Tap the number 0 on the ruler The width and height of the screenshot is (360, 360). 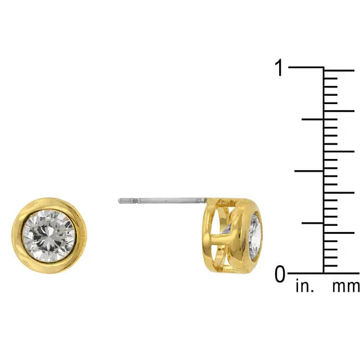pyautogui.click(x=280, y=274)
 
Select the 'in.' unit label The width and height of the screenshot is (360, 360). pyautogui.click(x=304, y=287)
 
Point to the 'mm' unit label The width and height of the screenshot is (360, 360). pyautogui.click(x=346, y=287)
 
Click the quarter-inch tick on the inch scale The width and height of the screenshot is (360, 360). pyautogui.click(x=311, y=223)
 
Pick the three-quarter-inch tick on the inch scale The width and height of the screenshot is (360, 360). pyautogui.click(x=312, y=119)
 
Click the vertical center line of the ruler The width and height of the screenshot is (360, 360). pyautogui.click(x=323, y=166)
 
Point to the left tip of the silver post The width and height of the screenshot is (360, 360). pyautogui.click(x=120, y=200)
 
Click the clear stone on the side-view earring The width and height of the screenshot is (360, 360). pyautogui.click(x=256, y=236)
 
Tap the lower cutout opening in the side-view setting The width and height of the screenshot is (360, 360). pyautogui.click(x=219, y=254)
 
